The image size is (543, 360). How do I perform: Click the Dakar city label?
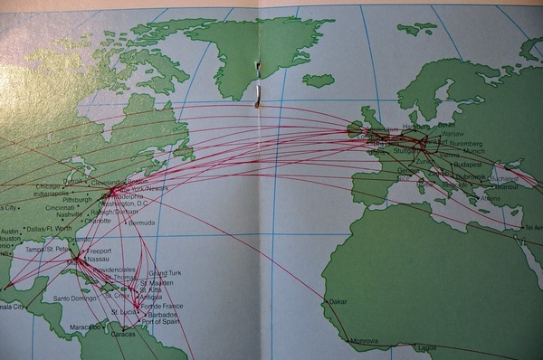click(337, 301)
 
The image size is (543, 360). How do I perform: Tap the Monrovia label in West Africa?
click(364, 341)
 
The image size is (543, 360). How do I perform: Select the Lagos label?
click(425, 347)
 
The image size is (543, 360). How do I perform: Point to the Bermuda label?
click(141, 223)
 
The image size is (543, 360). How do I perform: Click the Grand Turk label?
click(165, 272)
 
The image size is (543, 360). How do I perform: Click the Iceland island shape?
click(318, 81)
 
